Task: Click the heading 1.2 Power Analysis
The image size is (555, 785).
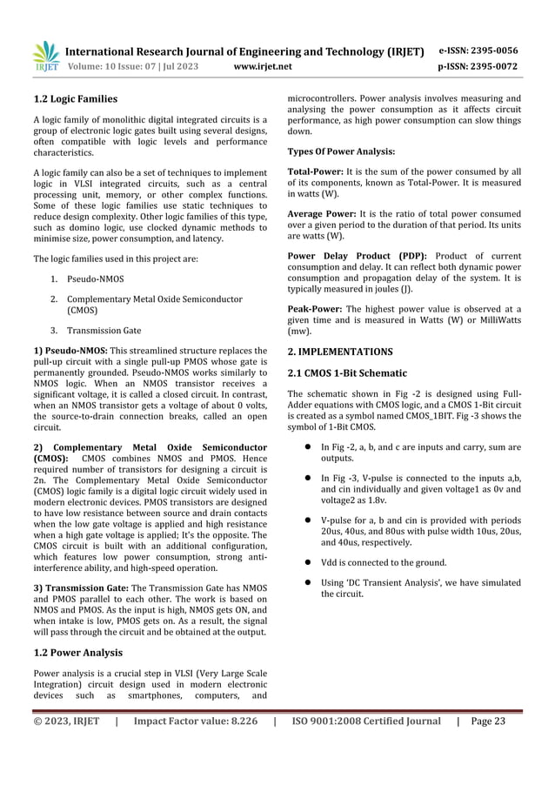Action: (77, 651)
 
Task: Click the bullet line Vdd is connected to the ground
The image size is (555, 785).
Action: (384, 561)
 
